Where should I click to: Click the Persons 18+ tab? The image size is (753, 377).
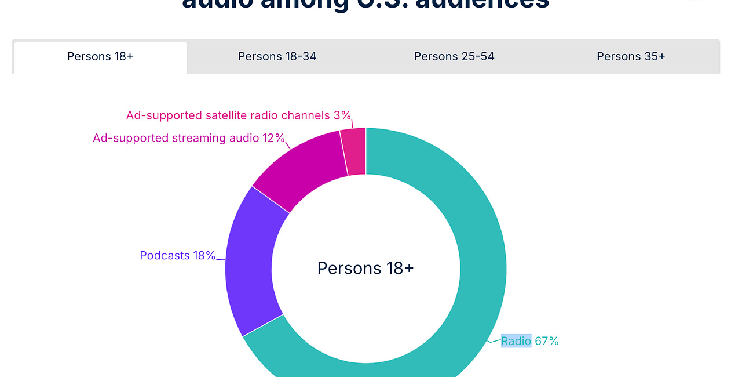point(100,56)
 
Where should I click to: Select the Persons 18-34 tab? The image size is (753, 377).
point(277,56)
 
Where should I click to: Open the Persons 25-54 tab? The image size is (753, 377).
point(454,56)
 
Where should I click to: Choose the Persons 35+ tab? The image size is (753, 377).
point(631,56)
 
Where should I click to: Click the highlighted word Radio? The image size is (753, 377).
point(516,341)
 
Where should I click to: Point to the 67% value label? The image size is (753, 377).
point(546,341)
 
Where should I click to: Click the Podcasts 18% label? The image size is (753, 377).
point(177,255)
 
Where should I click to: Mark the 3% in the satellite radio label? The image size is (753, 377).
point(342,115)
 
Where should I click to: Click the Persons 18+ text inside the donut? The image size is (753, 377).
point(365,268)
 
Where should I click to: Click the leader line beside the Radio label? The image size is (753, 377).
point(494,341)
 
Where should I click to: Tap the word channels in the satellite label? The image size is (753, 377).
point(306,115)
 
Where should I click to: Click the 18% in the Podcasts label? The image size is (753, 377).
point(204,255)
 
